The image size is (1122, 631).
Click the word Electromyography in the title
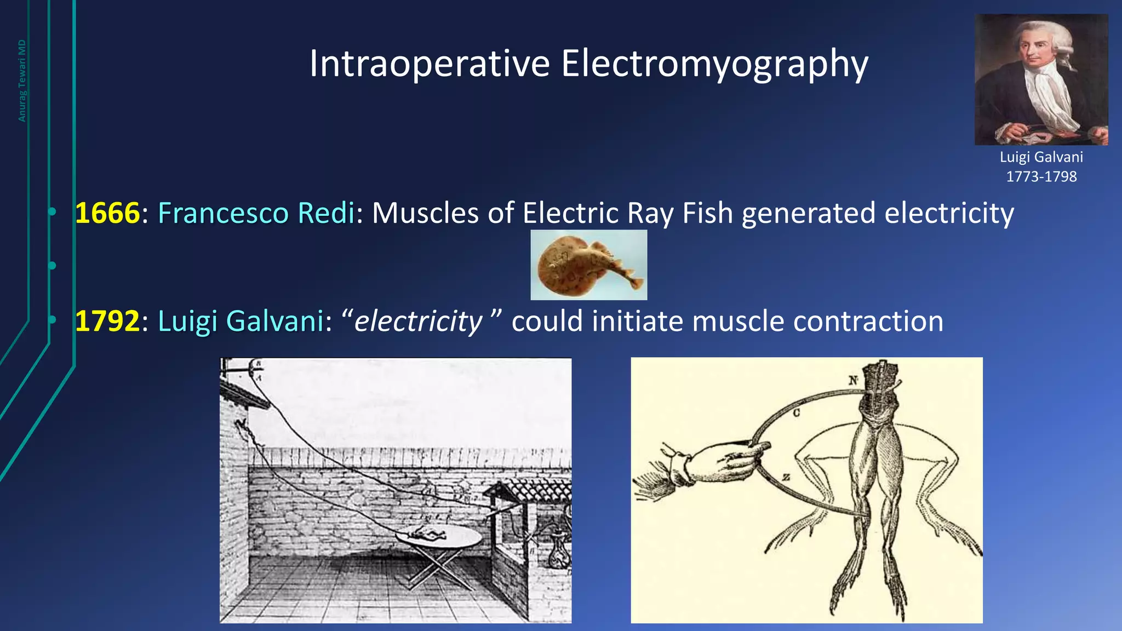[714, 65]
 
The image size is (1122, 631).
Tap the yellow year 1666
[107, 213]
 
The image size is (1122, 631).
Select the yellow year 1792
[107, 321]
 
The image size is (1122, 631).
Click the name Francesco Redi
[256, 213]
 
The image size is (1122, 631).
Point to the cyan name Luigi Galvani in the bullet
[241, 321]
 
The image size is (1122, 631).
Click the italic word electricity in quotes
[418, 321]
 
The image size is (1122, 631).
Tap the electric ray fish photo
[588, 265]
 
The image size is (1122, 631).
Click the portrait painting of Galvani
[1041, 79]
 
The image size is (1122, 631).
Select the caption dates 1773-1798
[1041, 176]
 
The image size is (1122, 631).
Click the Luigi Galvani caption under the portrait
[1041, 157]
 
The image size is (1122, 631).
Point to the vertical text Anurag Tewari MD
[22, 81]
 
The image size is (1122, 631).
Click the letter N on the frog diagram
[853, 380]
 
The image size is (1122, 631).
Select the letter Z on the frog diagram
[786, 477]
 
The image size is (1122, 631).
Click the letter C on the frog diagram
[796, 412]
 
